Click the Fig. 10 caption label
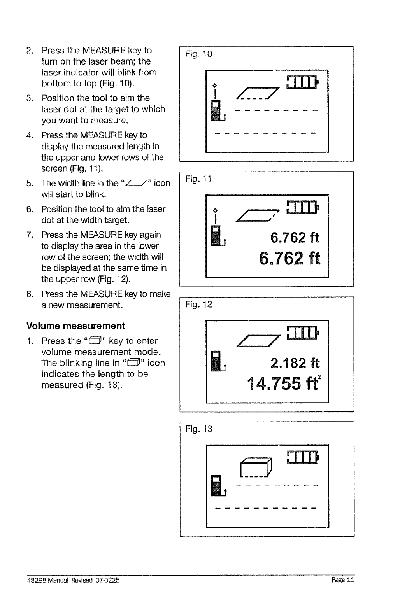[198, 54]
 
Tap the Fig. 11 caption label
[198, 179]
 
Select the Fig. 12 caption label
[198, 304]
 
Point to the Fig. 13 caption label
[198, 429]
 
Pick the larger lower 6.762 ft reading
[289, 258]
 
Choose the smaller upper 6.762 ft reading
[295, 237]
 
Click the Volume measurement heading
[75, 326]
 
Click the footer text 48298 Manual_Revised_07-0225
[73, 580]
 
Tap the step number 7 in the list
[29, 235]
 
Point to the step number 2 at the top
[29, 51]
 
